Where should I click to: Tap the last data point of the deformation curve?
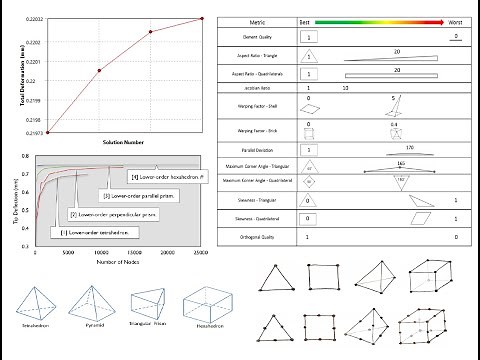[x=201, y=18]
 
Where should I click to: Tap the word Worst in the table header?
[x=453, y=20]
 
